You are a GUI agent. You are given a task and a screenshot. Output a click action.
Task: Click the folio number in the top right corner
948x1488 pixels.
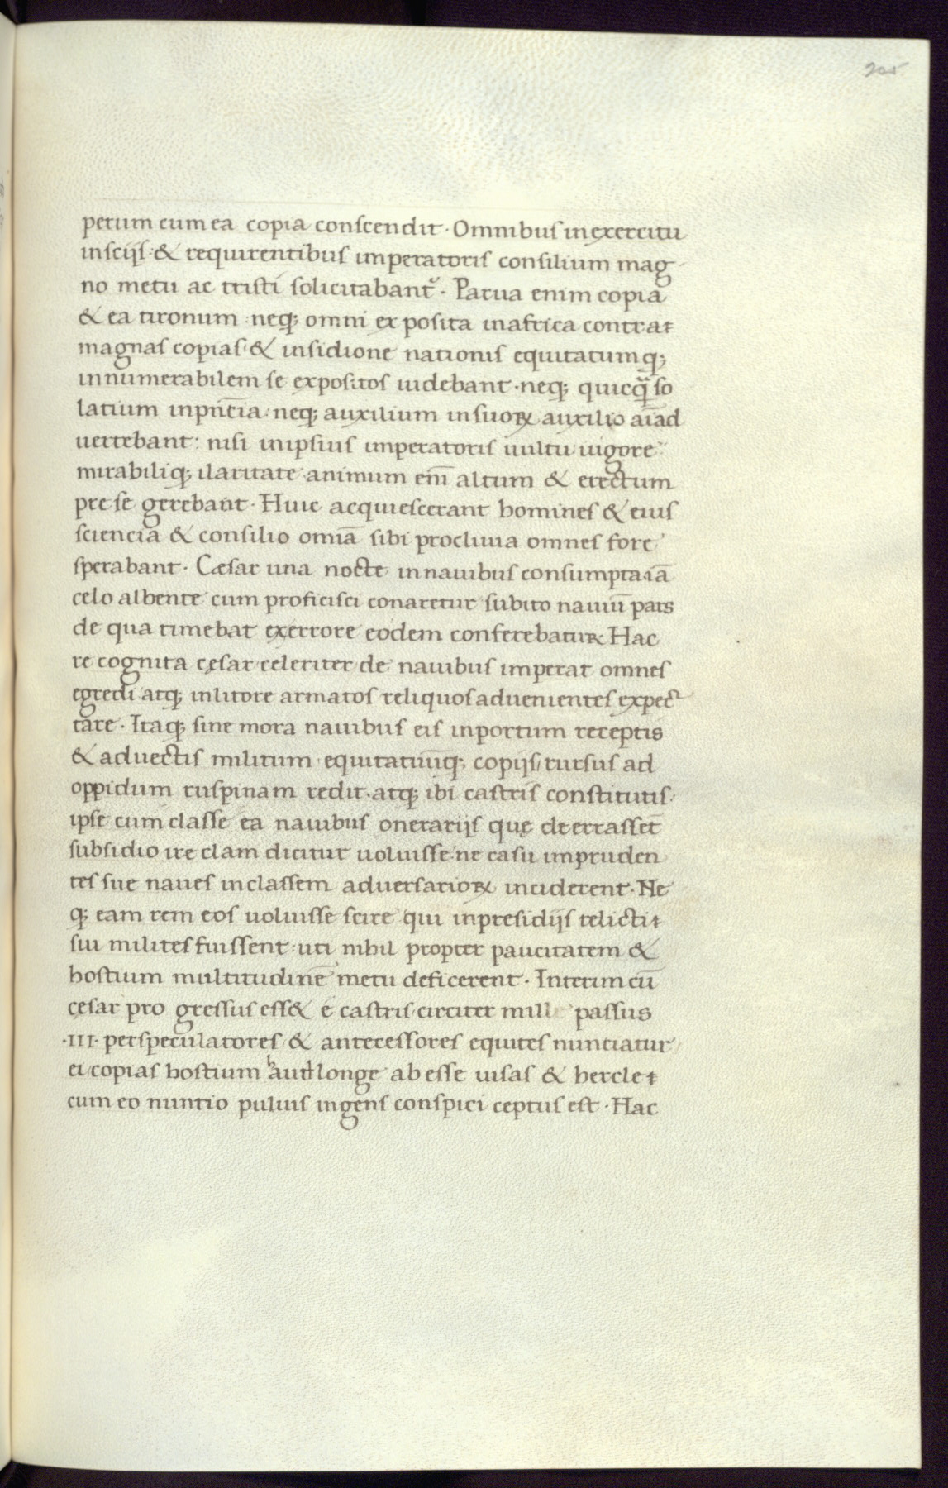pos(882,69)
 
